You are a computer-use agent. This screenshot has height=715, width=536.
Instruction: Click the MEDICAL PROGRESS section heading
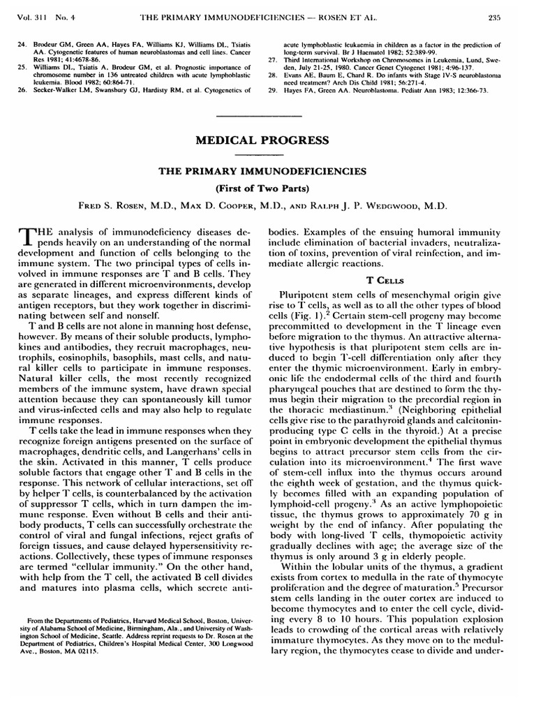pyautogui.click(x=268, y=140)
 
